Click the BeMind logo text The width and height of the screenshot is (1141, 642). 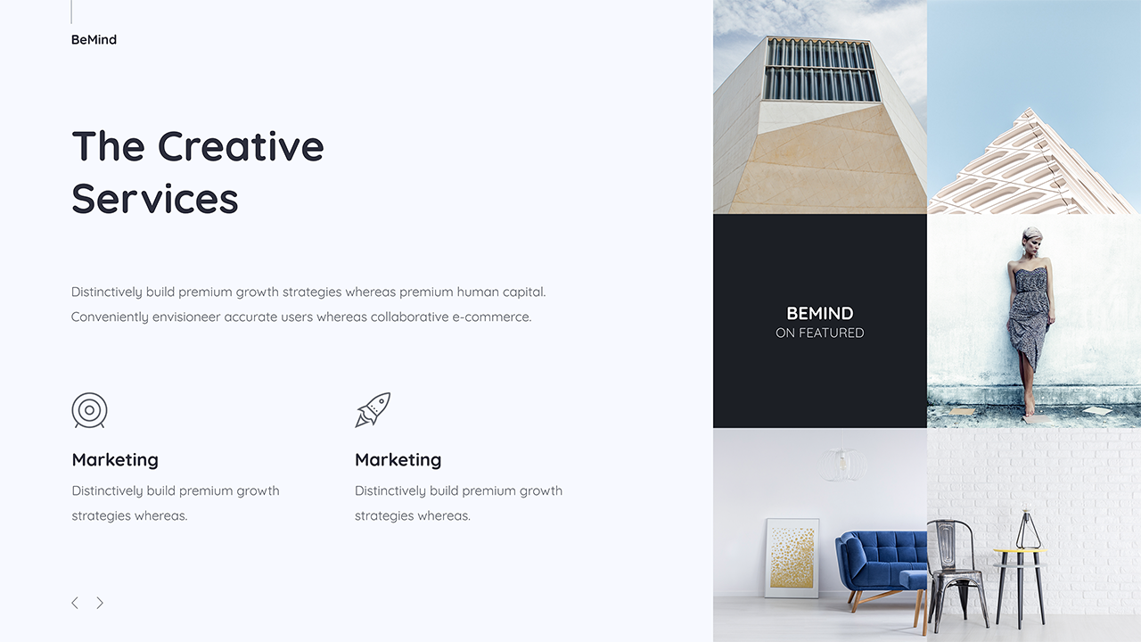[94, 39]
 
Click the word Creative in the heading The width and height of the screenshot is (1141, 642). [241, 146]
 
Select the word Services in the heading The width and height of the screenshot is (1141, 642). [155, 198]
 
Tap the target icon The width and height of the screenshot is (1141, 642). [89, 410]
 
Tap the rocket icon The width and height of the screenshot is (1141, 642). [373, 410]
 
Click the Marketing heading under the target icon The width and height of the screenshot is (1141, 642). [115, 460]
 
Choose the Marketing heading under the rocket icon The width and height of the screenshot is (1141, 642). [398, 460]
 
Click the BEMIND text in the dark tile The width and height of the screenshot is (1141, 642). [819, 313]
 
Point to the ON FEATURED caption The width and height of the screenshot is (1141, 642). [819, 333]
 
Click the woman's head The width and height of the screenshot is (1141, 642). [1032, 239]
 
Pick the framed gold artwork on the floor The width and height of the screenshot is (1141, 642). [792, 557]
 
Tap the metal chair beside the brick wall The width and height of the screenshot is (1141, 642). [956, 571]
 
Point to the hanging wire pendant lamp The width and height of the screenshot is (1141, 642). [843, 464]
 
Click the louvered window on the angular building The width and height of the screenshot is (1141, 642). [820, 70]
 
